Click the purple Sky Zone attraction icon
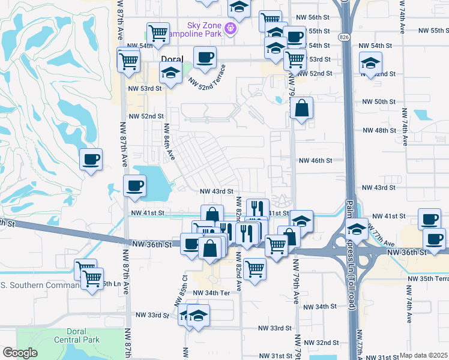230,28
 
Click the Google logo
19,353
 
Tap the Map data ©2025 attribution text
423,355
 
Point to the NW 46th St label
316,160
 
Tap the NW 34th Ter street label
212,292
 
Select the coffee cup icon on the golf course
91,160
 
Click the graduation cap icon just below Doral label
170,74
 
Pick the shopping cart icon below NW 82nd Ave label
255,269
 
